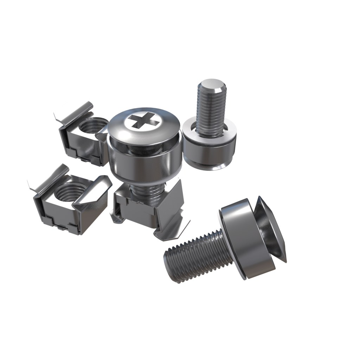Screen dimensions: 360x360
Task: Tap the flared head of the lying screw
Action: [x=271, y=229]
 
